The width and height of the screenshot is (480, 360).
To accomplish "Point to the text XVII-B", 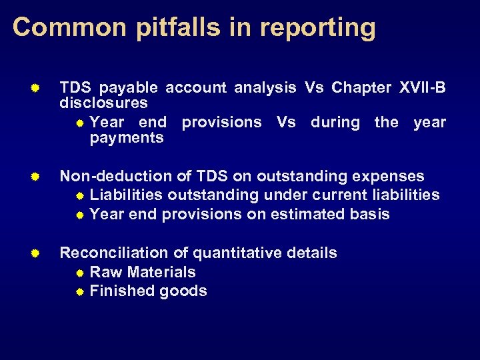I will pos(423,87).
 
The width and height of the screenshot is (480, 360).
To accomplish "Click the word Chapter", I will pos(362,87).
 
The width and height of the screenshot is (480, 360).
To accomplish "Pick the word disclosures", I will pos(103,103).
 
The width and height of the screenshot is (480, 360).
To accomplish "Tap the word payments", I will pos(126,138).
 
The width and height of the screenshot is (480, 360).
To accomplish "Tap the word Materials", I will pos(162,272).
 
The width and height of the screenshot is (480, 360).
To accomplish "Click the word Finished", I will pos(117,291).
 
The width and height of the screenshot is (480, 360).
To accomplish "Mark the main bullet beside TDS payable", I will pos(38,88).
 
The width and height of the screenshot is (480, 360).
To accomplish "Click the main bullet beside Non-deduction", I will pos(38,177).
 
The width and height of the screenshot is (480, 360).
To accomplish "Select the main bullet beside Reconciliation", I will pos(38,253).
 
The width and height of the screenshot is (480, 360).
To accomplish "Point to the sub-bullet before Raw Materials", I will pos(80,273).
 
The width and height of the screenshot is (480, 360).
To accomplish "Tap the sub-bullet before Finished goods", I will pos(80,291).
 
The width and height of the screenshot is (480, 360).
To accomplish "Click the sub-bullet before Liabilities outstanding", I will pos(80,196).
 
